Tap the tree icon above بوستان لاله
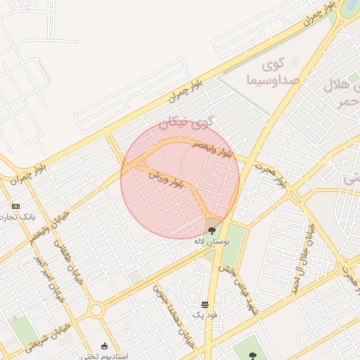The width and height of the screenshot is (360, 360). (x=212, y=229)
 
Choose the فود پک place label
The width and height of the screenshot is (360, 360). (x=205, y=314)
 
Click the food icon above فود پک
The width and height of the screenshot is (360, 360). (x=205, y=304)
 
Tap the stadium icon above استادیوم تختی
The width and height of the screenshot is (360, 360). (x=105, y=346)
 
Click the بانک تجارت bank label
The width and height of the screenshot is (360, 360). (x=18, y=217)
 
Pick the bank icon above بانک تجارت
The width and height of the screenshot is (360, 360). (x=15, y=206)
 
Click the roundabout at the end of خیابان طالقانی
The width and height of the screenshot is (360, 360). (x=96, y=309)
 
